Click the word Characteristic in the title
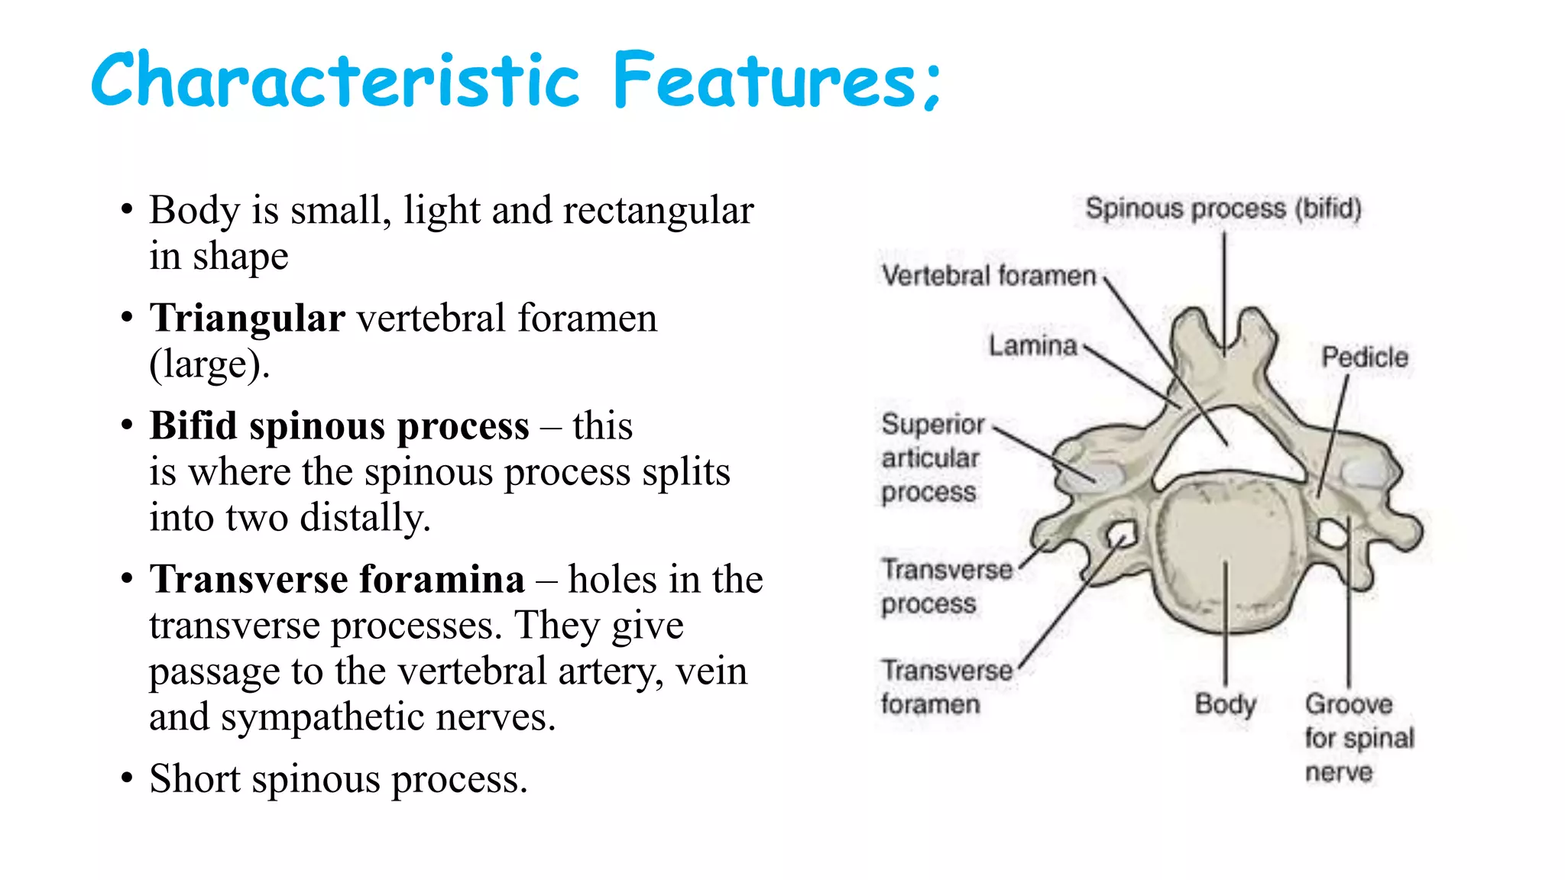(x=335, y=80)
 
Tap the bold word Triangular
(x=247, y=318)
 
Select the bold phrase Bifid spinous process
(x=339, y=425)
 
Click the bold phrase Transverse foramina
(x=337, y=579)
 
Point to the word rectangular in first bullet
(x=658, y=210)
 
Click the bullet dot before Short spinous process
(x=127, y=778)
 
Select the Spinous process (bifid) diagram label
(x=1223, y=209)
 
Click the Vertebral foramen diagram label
(x=989, y=275)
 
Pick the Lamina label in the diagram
(x=1032, y=346)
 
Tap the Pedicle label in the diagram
(x=1365, y=357)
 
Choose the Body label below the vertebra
(x=1225, y=704)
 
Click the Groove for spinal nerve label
(x=1359, y=737)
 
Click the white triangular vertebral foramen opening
(x=1230, y=447)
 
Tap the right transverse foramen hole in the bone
(x=1332, y=532)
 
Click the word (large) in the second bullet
(x=208, y=364)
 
